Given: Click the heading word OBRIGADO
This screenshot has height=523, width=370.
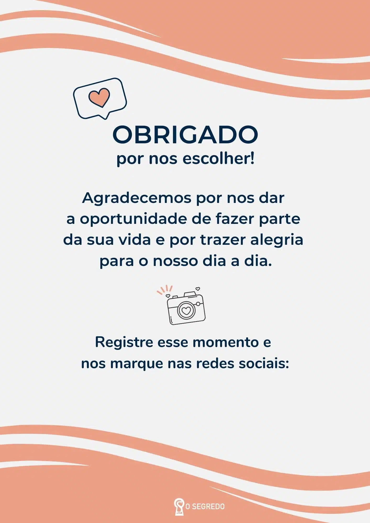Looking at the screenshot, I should [x=185, y=135].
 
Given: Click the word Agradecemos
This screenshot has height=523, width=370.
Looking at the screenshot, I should [x=137, y=198].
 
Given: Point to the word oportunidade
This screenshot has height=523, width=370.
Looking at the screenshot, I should [x=133, y=219].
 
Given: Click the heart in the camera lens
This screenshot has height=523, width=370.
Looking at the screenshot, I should [x=186, y=311].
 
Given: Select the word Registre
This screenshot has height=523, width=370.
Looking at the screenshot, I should [x=124, y=342].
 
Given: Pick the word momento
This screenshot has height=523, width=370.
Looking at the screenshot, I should [x=226, y=342].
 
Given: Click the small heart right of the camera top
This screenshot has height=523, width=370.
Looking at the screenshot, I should [x=198, y=289].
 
